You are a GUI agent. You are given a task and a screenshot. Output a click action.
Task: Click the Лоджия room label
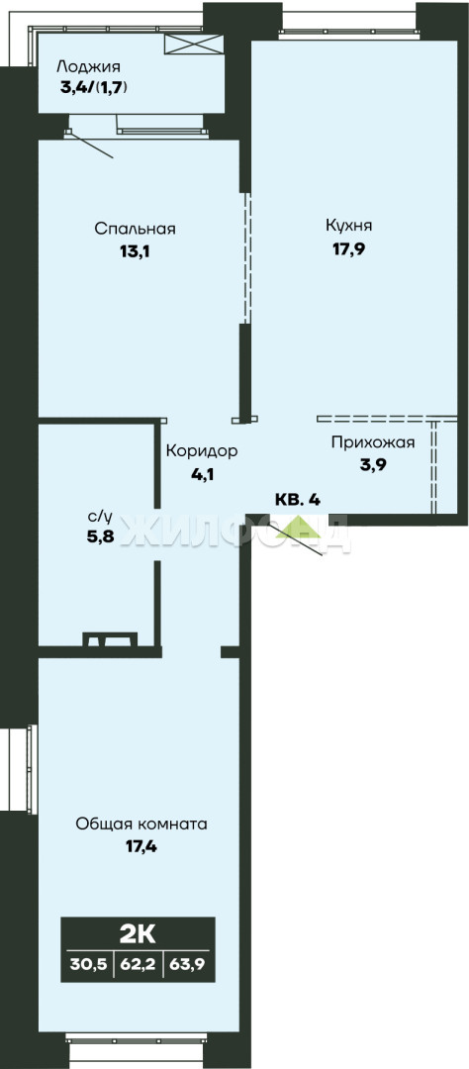tap(89, 67)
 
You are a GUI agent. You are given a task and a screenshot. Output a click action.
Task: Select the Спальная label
tap(135, 229)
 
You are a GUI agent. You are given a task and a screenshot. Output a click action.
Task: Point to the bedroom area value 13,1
tap(135, 250)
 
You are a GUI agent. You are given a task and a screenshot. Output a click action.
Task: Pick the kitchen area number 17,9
tap(348, 248)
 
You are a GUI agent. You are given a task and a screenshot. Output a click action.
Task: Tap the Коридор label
tap(203, 451)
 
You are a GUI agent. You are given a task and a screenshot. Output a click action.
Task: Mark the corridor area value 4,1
tap(203, 474)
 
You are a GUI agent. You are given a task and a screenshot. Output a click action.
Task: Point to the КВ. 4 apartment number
tap(297, 500)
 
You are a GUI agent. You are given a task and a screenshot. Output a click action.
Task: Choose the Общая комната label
tap(141, 825)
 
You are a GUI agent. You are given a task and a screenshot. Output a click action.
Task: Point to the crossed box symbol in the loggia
tap(194, 44)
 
